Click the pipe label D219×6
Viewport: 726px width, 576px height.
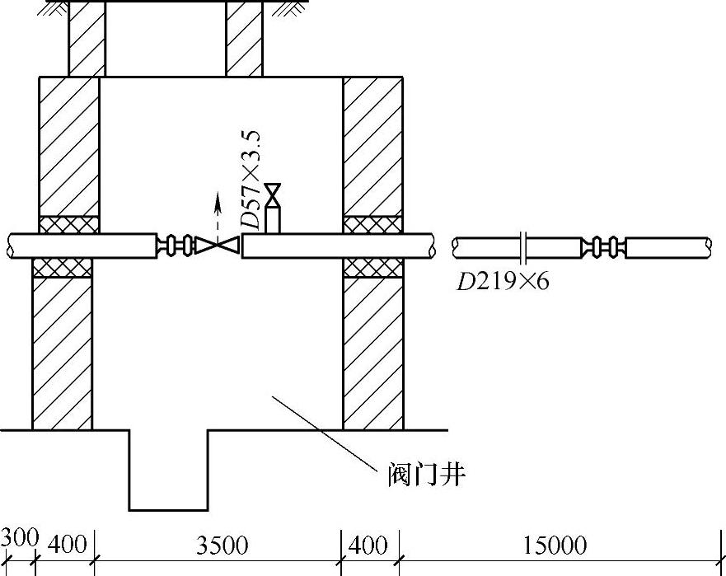pos(503,282)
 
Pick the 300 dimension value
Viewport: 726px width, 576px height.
pos(18,538)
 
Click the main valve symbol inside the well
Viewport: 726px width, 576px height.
pos(218,245)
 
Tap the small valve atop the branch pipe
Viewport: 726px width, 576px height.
pos(274,194)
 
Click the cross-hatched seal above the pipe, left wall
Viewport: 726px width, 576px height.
pos(69,224)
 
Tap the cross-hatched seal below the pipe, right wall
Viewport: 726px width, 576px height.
pos(372,267)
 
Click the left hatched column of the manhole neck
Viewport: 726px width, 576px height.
pos(87,38)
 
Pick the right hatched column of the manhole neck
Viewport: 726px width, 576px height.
pos(245,38)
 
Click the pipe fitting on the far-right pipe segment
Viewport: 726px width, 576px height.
pos(602,246)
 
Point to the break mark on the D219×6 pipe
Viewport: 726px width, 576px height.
pos(524,246)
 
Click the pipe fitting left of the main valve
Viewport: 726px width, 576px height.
pos(176,245)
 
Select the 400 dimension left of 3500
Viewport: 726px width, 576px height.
pos(65,546)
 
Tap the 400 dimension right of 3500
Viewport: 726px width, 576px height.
pos(368,546)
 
